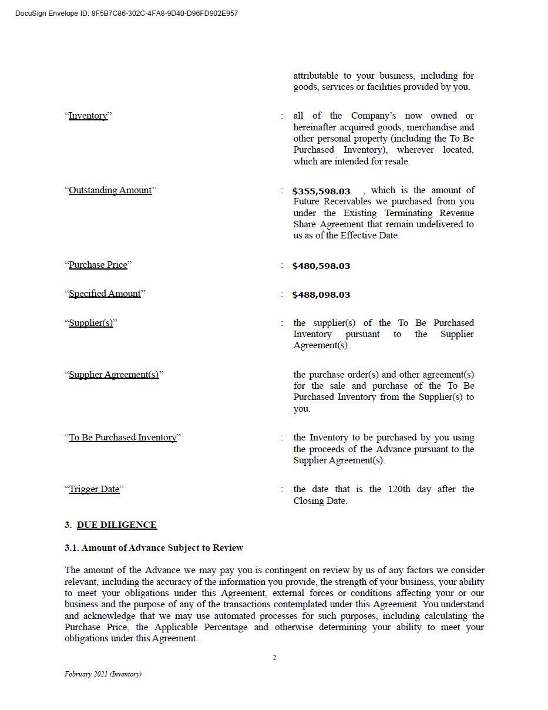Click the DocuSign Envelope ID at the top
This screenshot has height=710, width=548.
[x=126, y=14]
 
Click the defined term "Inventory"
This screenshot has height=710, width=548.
[x=88, y=116]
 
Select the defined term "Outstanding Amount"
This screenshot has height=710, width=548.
[x=110, y=190]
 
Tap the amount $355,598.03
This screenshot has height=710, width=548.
[x=321, y=191]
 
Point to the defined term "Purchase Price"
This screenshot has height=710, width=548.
[x=98, y=265]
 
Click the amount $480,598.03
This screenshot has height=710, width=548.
[x=321, y=266]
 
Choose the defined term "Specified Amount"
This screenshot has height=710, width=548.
[x=105, y=294]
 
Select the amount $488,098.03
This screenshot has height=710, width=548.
[x=321, y=295]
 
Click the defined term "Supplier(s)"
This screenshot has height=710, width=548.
[x=91, y=323]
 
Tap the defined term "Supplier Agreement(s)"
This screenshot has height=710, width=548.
[x=114, y=375]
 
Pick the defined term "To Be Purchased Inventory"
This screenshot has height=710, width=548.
[x=123, y=438]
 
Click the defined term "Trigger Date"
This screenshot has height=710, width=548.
[x=94, y=489]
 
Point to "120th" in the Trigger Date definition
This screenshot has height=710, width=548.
[x=399, y=489]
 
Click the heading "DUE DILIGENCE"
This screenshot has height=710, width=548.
[x=117, y=525]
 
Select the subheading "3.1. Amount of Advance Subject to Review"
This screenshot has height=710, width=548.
[x=154, y=548]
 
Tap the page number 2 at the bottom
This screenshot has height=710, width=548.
[x=274, y=658]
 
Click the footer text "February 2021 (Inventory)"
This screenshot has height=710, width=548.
[x=103, y=674]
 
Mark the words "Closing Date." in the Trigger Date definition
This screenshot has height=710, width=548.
[x=320, y=501]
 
